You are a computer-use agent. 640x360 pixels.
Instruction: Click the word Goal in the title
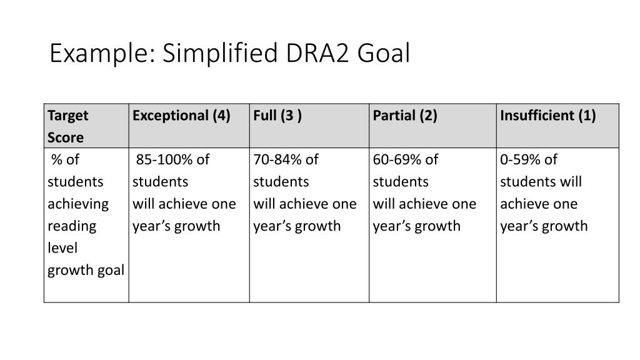coord(384,54)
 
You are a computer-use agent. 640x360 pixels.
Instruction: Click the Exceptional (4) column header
coord(181,116)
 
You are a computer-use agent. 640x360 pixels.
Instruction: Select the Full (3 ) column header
coord(277,116)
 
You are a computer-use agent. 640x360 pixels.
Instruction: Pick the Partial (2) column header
coord(405,116)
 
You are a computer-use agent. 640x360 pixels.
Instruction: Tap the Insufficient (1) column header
coord(548,116)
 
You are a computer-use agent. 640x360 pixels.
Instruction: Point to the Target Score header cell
coord(68,126)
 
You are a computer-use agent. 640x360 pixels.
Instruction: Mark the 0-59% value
coord(521,160)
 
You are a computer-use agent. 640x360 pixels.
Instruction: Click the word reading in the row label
coord(72,226)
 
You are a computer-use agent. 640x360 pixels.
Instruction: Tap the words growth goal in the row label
coord(86,271)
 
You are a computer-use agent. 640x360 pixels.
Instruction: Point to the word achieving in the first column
coord(78,204)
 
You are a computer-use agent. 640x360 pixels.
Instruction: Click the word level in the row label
coord(62,248)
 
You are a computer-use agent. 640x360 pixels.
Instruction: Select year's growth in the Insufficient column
coord(544,226)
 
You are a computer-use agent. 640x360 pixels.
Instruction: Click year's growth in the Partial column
coord(416,226)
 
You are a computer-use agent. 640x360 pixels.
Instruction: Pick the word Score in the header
coord(66,137)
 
